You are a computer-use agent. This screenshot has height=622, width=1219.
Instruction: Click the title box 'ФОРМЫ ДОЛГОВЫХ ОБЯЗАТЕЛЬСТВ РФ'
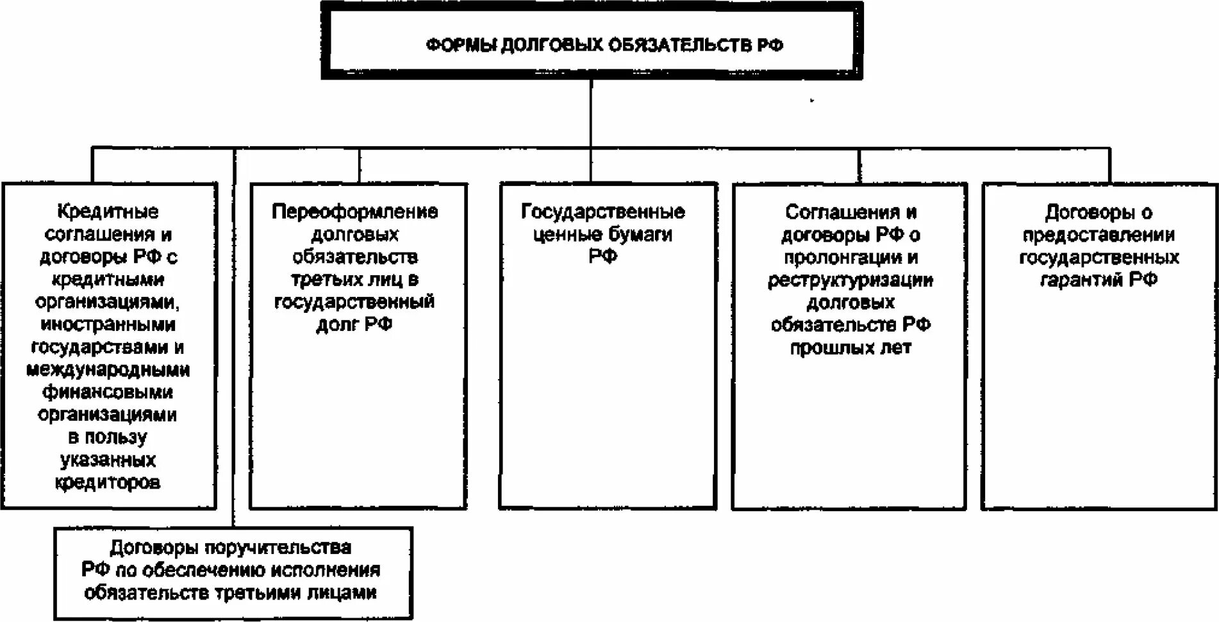[x=591, y=40]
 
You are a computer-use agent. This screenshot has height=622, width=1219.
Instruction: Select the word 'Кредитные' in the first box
[x=108, y=211]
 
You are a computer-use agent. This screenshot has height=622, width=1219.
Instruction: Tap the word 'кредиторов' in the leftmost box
[x=108, y=482]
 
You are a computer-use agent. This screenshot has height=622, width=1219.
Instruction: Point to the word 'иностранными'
[x=108, y=324]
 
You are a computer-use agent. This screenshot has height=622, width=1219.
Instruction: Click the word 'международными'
[x=108, y=370]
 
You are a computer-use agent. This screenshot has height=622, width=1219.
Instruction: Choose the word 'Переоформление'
[x=354, y=212]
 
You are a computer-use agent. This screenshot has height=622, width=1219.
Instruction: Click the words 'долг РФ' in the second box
[x=354, y=324]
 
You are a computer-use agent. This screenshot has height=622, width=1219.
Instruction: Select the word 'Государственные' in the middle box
[x=602, y=212]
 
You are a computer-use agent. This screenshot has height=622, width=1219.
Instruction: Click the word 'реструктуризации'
[x=850, y=280]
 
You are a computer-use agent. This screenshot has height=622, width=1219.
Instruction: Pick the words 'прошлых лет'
[x=850, y=348]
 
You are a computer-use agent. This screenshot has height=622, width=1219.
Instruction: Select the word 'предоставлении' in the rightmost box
[x=1099, y=235]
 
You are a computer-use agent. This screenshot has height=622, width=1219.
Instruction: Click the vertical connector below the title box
[x=590, y=113]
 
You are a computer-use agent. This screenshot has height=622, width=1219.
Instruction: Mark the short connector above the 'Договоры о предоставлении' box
[x=1109, y=165]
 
